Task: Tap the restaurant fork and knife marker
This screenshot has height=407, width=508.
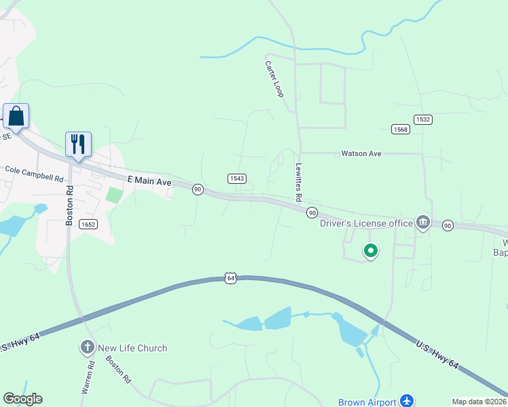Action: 78,144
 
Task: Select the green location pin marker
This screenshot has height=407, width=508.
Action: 371,251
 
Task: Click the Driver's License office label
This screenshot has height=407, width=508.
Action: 366,223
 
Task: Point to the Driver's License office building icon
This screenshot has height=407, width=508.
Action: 423,222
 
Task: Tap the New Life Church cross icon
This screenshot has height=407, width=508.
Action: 87,348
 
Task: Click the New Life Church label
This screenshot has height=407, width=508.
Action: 132,348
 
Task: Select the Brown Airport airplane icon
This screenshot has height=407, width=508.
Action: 407,401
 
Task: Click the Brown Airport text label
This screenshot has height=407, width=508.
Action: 367,402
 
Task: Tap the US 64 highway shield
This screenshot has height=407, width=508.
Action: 231,277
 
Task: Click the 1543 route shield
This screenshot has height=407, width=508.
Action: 236,178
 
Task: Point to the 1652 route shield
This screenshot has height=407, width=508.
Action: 88,224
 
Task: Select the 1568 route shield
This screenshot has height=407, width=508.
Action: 401,129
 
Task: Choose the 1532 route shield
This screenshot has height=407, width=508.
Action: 423,119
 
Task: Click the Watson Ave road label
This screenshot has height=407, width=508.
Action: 361,154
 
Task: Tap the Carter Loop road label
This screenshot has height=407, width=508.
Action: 274,79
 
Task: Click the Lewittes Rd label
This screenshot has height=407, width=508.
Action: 297,182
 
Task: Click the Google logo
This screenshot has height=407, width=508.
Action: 22,399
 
